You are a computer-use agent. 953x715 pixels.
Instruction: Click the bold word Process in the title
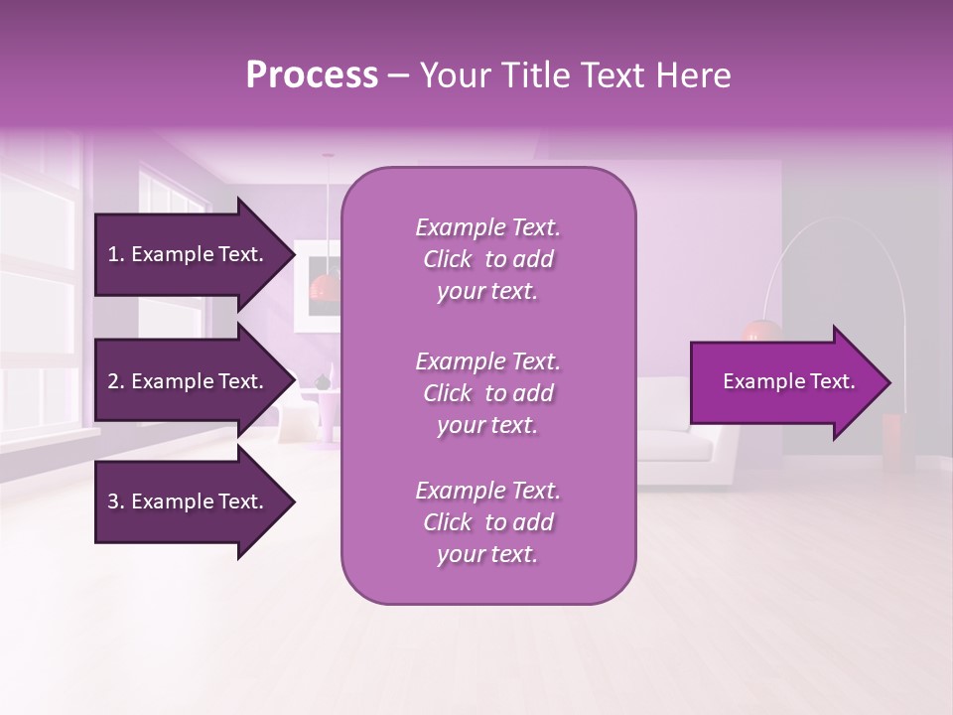(x=312, y=74)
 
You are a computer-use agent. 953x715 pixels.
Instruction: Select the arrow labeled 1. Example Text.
(x=189, y=254)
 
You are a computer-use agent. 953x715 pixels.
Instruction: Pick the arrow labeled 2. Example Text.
(x=189, y=381)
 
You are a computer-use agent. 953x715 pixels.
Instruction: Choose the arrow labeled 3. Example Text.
(x=189, y=501)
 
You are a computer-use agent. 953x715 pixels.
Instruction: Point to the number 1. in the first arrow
(x=116, y=255)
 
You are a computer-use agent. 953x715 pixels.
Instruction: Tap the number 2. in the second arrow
(x=116, y=382)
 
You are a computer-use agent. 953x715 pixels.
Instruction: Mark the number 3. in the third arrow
(x=116, y=502)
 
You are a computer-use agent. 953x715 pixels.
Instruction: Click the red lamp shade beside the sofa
(x=758, y=332)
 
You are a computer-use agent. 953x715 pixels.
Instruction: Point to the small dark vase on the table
(x=322, y=382)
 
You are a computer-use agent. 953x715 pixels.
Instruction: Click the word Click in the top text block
(x=448, y=260)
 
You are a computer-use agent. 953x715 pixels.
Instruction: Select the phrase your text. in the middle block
(x=487, y=425)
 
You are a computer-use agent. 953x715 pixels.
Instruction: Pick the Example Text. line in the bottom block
(x=487, y=491)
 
